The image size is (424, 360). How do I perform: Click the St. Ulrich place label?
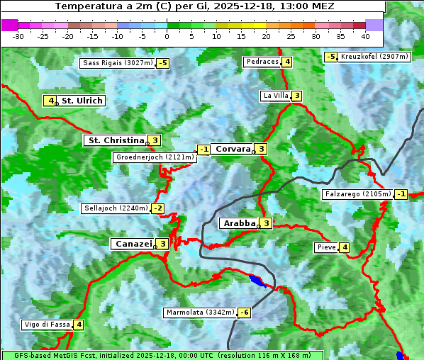pyautogui.click(x=82, y=101)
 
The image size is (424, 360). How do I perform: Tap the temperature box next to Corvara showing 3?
pyautogui.click(x=262, y=149)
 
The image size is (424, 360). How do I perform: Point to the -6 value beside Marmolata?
pyautogui.click(x=245, y=313)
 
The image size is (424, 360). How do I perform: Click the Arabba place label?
pyautogui.click(x=239, y=223)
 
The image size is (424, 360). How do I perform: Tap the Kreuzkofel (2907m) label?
pyautogui.click(x=374, y=56)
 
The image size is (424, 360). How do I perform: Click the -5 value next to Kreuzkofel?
pyautogui.click(x=330, y=57)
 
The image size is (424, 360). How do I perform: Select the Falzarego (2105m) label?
pyautogui.click(x=357, y=194)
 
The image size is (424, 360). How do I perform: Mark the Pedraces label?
pyautogui.click(x=262, y=62)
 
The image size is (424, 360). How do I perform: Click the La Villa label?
pyautogui.click(x=275, y=96)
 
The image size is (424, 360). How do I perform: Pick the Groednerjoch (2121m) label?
pyautogui.click(x=154, y=157)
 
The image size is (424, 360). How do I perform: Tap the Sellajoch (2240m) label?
pyautogui.click(x=116, y=208)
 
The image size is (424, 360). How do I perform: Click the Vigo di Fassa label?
pyautogui.click(x=47, y=325)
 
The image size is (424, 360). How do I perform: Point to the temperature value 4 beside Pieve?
pyautogui.click(x=344, y=247)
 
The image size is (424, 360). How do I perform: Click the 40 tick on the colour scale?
pyautogui.click(x=365, y=35)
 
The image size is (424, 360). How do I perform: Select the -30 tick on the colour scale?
pyautogui.click(x=18, y=35)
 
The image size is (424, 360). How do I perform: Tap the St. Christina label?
pyautogui.click(x=116, y=140)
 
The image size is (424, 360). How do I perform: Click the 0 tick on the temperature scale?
pyautogui.click(x=167, y=35)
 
